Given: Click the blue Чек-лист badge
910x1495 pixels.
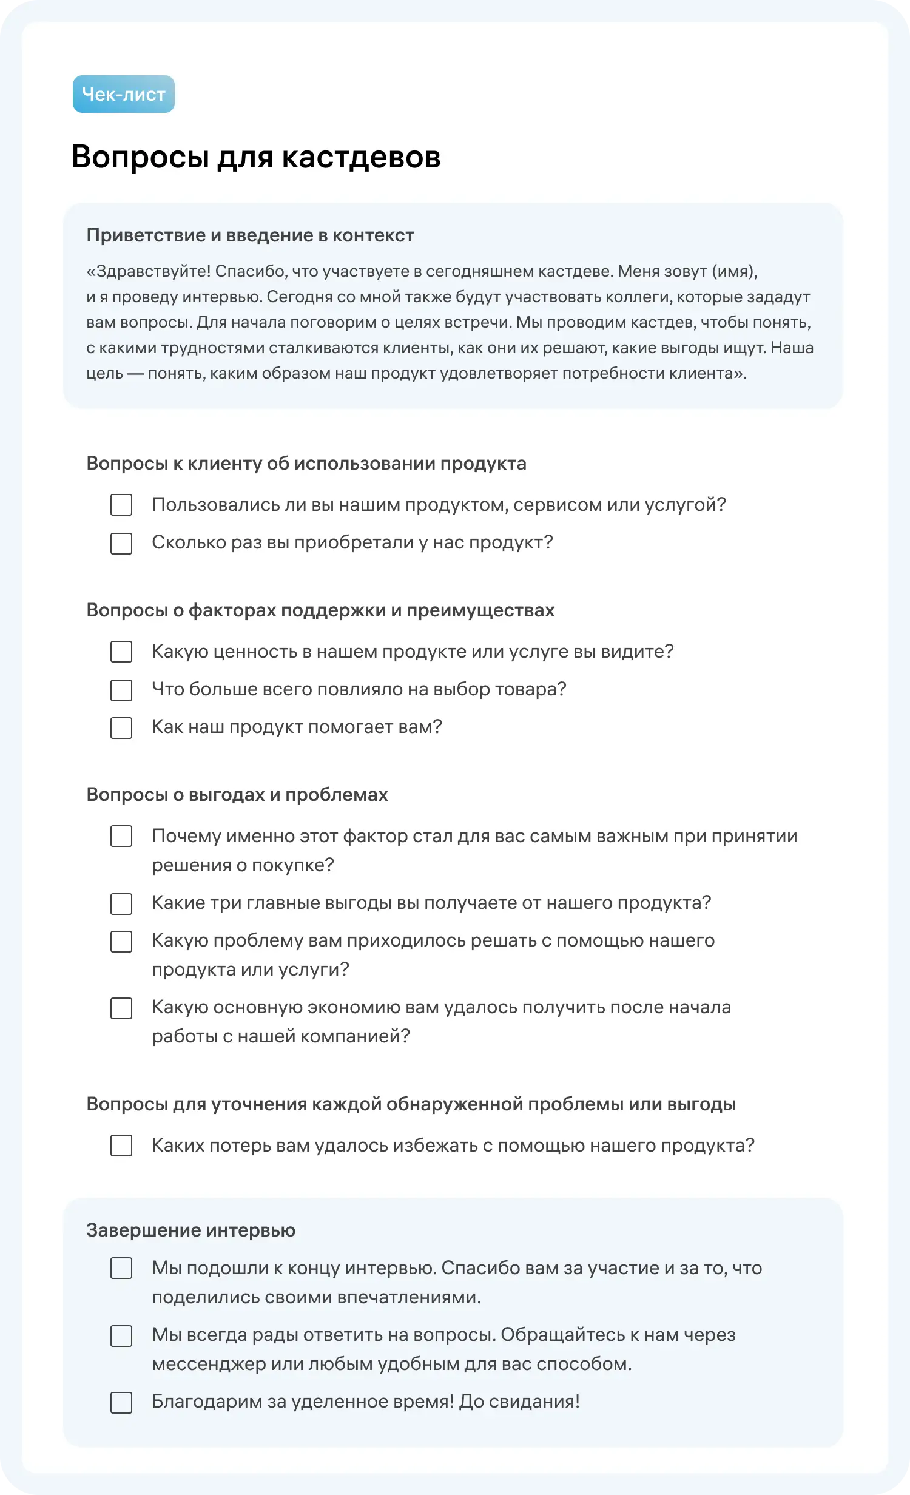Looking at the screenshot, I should tap(124, 94).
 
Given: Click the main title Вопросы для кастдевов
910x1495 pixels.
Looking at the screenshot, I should tap(256, 157).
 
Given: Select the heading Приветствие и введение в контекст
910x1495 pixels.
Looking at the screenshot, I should tap(250, 235).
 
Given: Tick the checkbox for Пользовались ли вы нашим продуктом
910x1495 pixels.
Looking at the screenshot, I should tap(121, 505).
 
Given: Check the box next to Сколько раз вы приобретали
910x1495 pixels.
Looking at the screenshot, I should tap(121, 543).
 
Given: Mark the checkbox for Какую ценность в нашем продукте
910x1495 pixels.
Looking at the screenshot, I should tap(121, 652).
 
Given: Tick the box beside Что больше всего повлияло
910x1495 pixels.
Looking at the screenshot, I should tap(121, 690).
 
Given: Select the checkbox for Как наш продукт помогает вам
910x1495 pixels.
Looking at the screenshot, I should tap(121, 727).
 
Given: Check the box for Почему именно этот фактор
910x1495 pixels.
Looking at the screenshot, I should tap(121, 836).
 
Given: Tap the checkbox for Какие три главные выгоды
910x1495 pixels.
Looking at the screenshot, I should tap(121, 903).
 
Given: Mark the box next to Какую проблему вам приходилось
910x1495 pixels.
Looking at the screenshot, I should tap(121, 941).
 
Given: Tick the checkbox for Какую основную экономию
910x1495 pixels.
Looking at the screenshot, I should tap(121, 1008).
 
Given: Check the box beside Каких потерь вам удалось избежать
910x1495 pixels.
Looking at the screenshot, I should tap(121, 1146).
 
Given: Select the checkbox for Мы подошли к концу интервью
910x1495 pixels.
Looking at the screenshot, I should tap(121, 1269).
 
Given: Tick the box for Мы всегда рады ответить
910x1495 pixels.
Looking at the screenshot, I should tap(121, 1335).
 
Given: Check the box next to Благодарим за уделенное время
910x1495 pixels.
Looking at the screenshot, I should tap(121, 1402).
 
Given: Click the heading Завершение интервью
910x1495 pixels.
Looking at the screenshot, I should tap(190, 1230).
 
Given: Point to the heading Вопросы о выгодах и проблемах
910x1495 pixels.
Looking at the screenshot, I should tap(237, 795).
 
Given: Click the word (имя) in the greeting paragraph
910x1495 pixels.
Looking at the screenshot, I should tap(734, 271).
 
